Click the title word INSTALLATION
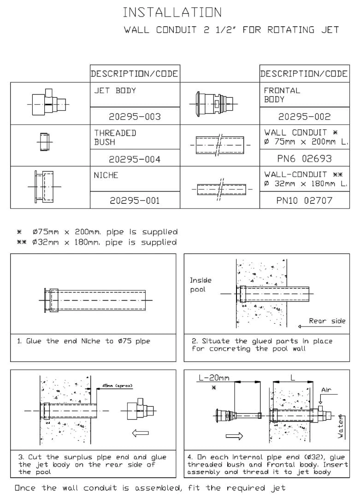click(x=172, y=12)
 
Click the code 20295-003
click(x=135, y=117)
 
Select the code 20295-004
click(x=135, y=160)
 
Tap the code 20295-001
click(x=135, y=201)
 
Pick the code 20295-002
click(x=304, y=117)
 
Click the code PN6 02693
click(x=304, y=159)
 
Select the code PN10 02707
click(x=304, y=201)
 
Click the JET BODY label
click(x=115, y=90)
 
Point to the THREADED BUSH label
click(x=115, y=137)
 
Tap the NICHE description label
click(x=106, y=175)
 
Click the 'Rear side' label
click(x=327, y=321)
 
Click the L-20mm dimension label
click(x=214, y=378)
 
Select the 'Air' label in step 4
click(x=326, y=390)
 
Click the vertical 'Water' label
click(x=341, y=427)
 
